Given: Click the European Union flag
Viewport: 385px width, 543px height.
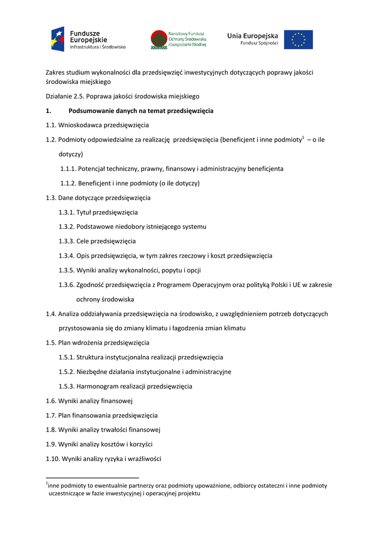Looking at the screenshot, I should tap(298, 40).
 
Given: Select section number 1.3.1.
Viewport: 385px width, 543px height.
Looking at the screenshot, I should tap(66, 212).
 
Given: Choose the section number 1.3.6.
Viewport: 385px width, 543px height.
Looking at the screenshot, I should tap(66, 285).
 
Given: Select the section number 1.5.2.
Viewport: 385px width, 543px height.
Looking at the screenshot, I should tap(66, 372).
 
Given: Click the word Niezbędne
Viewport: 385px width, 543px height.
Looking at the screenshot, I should tap(93, 372).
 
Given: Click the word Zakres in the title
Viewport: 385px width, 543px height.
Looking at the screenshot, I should tap(55, 72).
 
